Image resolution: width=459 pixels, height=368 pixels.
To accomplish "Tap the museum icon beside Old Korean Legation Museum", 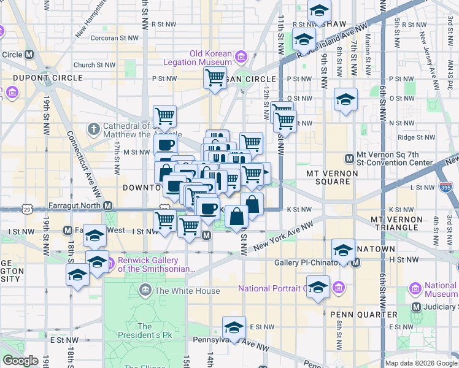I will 241,58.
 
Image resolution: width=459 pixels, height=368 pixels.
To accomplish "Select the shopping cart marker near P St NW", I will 215,78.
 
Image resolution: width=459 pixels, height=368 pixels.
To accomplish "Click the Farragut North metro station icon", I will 108,205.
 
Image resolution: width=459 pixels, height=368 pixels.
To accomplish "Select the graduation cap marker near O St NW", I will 345,99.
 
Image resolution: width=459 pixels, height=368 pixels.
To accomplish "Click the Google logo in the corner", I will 21,361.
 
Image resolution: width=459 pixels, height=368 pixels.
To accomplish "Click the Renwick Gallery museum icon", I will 111,264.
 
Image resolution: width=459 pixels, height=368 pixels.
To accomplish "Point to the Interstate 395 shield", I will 445,186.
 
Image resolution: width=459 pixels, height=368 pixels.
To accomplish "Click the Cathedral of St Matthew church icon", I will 93,129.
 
